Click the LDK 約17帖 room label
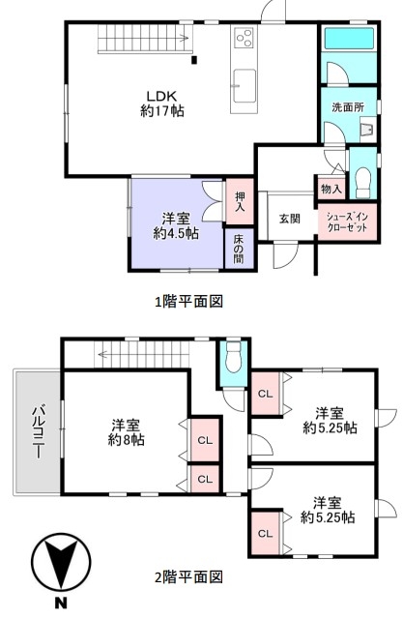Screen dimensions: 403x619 pos(162,103)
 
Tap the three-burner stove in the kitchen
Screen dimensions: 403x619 pos(244,38)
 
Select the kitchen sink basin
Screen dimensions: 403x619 pos(244,86)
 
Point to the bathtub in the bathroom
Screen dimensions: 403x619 pos(349,39)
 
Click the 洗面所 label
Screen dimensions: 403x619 pos(348,107)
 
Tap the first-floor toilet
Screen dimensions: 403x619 pos(363,183)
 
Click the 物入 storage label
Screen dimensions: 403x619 pos(331,189)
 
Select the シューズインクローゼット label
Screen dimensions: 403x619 pos(347,221)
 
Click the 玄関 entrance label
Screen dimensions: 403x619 pos(290,219)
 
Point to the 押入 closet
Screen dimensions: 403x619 pos(240,202)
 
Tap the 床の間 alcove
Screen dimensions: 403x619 pos(239,250)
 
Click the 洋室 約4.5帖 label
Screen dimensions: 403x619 pos(176,225)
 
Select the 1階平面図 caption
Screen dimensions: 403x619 pos(189,302)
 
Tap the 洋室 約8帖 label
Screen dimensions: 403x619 pos(127,432)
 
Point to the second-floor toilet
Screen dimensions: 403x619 pos(234,357)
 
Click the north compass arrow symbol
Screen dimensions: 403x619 pos(61,563)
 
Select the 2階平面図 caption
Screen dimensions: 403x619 pos(189,577)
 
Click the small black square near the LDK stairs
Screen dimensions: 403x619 pos(193,60)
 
